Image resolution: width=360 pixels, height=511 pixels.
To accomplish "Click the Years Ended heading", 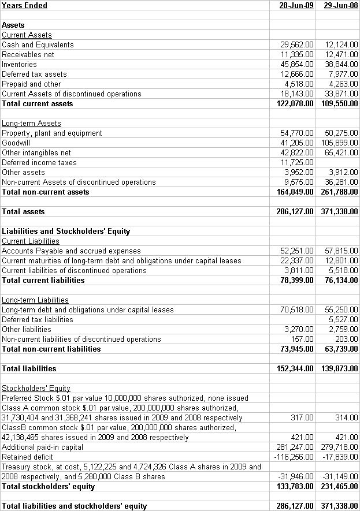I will point(25,6).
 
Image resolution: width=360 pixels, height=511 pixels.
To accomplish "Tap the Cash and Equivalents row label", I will point(38,45).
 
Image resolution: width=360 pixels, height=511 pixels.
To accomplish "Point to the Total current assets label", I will point(38,104).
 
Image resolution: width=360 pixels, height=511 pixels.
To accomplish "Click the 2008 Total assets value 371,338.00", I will point(339,212).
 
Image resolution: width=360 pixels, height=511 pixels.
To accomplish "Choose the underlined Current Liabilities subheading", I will point(31,241).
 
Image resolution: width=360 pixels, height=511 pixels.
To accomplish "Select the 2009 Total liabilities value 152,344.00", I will point(295,368).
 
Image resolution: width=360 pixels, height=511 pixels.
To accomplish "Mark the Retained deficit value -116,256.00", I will point(294,457).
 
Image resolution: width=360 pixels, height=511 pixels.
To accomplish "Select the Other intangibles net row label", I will point(36,152).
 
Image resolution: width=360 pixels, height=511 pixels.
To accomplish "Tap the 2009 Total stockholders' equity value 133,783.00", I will point(295,486).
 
